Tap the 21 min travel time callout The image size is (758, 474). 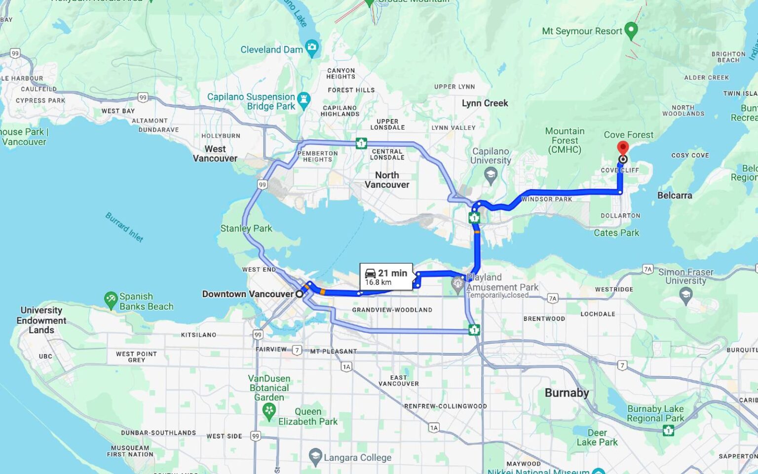(386, 277)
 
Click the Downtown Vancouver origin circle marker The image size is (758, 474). (299, 294)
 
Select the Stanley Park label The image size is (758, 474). (246, 228)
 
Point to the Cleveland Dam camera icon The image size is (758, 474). (312, 48)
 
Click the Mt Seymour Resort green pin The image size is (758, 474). (631, 30)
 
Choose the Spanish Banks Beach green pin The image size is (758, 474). (111, 299)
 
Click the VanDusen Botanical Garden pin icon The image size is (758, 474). (269, 411)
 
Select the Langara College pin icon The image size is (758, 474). (315, 456)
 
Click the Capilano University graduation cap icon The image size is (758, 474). (491, 174)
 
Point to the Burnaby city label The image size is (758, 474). (567, 393)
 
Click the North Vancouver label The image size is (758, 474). (387, 180)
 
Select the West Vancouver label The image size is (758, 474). (215, 154)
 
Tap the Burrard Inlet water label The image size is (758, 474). (124, 227)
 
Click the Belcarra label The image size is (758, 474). (675, 196)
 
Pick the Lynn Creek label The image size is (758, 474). (485, 103)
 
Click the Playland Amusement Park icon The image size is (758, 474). (458, 284)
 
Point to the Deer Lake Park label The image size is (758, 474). (597, 437)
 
